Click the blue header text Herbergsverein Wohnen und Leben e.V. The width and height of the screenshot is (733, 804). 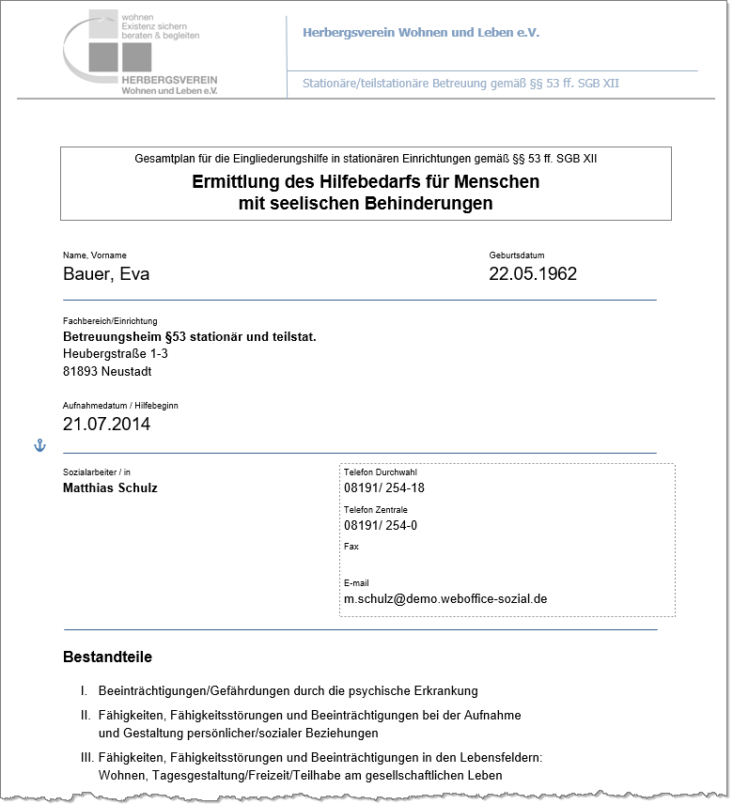pos(420,33)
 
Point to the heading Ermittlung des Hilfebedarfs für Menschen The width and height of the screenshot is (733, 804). pos(366,181)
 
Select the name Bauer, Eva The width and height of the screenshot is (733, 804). pos(106,274)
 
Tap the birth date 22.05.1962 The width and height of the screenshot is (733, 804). pos(533,274)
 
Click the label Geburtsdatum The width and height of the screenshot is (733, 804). pos(516,255)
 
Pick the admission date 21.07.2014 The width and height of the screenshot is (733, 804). pos(106,424)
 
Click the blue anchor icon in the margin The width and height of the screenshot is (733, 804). pos(39,445)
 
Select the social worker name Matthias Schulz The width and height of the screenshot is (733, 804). pos(110,487)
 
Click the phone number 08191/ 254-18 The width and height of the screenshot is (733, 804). pos(384,488)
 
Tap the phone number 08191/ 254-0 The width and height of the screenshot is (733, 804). pos(381,526)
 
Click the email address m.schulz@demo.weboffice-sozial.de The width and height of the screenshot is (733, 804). pos(445,598)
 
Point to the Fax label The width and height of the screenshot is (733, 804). pos(351,546)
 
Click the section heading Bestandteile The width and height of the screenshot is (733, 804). pos(107,657)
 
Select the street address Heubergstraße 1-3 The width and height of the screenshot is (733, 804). pos(116,353)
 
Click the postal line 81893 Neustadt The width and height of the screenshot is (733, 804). pos(107,371)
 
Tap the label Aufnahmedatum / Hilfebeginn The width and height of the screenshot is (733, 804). pos(120,406)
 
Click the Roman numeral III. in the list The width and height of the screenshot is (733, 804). pos(86,756)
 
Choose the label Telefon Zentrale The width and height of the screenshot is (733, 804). pos(375,509)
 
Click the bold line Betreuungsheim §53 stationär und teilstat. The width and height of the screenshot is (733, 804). pos(189,335)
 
